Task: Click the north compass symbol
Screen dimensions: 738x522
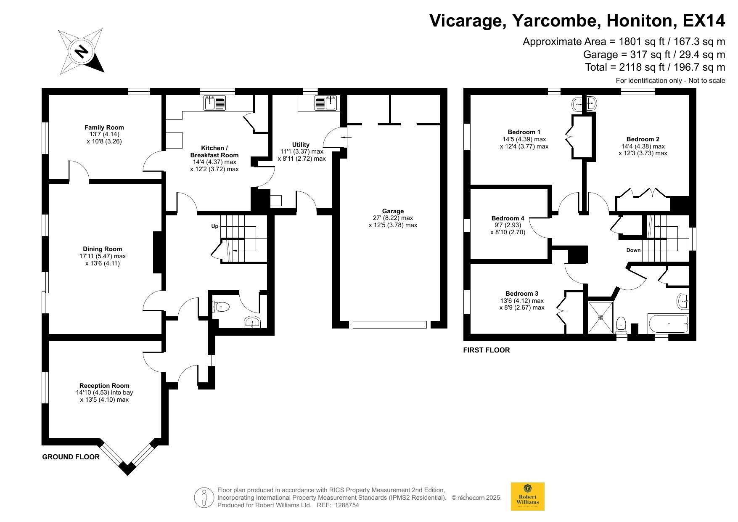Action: [x=81, y=51]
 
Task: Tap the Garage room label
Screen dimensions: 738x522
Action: [x=393, y=211]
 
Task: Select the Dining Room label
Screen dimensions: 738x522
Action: [x=102, y=249]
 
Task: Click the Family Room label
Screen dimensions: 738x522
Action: [x=104, y=127]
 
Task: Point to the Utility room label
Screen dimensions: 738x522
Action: [x=301, y=145]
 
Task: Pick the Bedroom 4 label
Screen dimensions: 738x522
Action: [x=508, y=218]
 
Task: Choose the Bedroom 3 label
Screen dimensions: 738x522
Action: [x=522, y=294]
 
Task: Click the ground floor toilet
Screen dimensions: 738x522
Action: [x=221, y=307]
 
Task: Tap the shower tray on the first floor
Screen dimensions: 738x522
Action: [x=600, y=317]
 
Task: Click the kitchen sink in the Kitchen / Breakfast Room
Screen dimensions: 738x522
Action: [x=215, y=103]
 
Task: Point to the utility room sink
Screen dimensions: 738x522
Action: [x=325, y=103]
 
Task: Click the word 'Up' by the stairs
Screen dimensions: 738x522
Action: [x=214, y=226]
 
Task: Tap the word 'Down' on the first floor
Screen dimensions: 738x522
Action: [x=633, y=250]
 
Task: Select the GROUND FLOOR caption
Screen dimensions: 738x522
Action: [x=71, y=457]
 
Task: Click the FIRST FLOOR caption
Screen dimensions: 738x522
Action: [x=487, y=350]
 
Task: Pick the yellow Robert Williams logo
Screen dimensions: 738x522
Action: [x=527, y=496]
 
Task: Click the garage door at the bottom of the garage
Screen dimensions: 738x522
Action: [x=390, y=325]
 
